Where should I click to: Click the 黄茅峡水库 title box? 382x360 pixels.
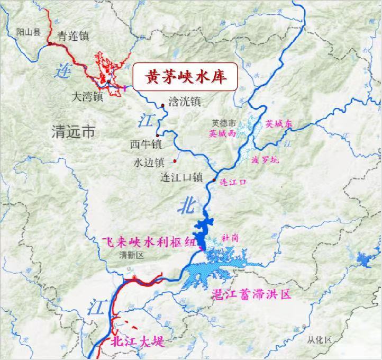[x=184, y=77]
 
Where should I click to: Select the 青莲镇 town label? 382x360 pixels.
[x=74, y=36]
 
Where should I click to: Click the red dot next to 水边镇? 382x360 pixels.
[x=175, y=161]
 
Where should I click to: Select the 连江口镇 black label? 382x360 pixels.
[x=181, y=177]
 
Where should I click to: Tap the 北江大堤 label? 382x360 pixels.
[x=137, y=341]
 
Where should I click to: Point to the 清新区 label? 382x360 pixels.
[x=132, y=255]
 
